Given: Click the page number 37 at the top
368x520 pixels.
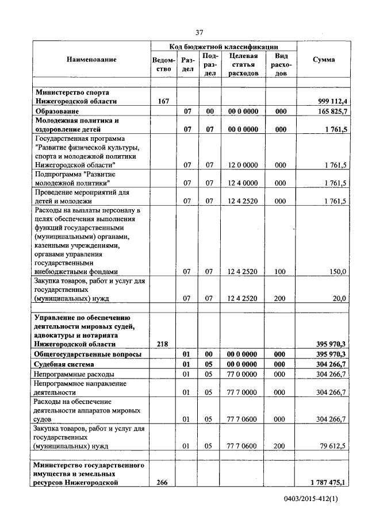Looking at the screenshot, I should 199,32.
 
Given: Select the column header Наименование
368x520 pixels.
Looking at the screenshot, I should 91,60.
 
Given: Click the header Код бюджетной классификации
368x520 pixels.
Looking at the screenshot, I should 223,46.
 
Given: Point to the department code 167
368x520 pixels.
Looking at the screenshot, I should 163,101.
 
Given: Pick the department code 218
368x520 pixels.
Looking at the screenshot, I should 163,344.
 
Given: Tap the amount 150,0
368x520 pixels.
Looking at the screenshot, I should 336,271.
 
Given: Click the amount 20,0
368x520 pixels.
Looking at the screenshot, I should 338,298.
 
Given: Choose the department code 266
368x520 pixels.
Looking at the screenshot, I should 163,483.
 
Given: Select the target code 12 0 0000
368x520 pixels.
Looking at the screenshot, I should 242,165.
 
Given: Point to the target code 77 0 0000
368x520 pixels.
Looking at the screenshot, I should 242,373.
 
